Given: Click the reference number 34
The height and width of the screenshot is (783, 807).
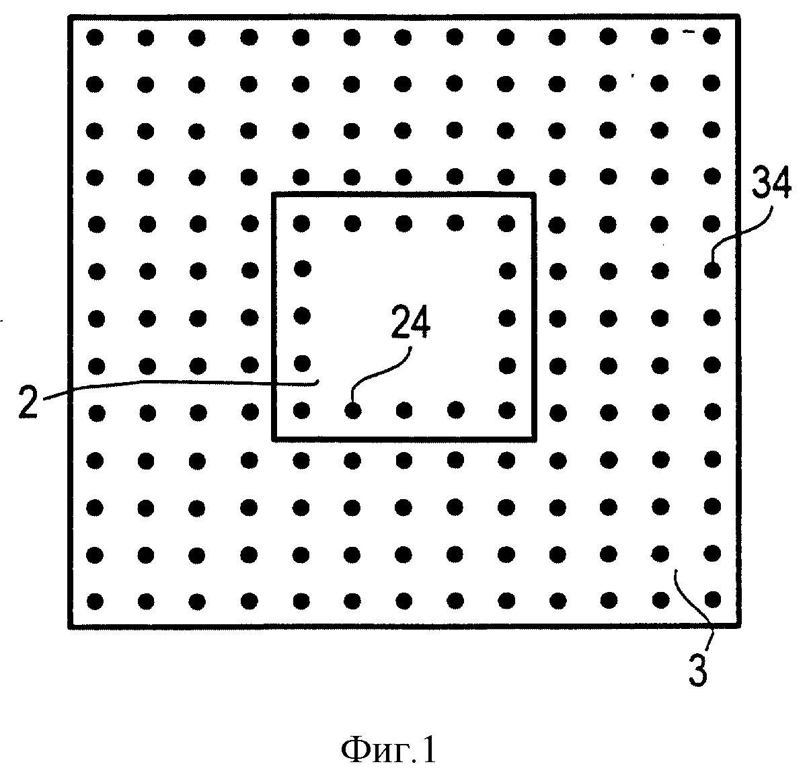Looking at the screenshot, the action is point(771,182).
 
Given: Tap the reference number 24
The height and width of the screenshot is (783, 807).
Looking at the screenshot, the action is point(410,322).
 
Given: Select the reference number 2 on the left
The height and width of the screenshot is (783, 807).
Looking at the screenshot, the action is point(28,402).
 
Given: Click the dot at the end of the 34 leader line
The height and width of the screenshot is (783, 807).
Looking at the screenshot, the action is point(712,271).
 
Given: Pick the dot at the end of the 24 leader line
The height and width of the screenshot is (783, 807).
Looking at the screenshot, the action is point(352,411).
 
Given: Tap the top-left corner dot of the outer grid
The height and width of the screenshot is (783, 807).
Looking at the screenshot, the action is point(95,37).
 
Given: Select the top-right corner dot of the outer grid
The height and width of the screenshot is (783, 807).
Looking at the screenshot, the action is point(712,36).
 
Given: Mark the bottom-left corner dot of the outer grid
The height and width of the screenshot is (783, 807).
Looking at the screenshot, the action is point(95,601).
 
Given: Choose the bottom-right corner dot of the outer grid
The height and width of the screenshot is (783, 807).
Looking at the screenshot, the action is point(713,599).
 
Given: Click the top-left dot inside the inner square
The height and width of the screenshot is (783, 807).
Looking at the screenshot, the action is point(301,223).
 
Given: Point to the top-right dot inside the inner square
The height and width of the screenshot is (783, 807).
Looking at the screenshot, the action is point(506,223).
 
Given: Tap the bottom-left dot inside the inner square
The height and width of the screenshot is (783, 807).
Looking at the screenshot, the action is point(301,410).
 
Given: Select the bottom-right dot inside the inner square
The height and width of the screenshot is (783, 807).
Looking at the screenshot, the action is point(507,410).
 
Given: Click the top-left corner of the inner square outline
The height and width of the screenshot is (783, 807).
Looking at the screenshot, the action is point(273,194).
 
